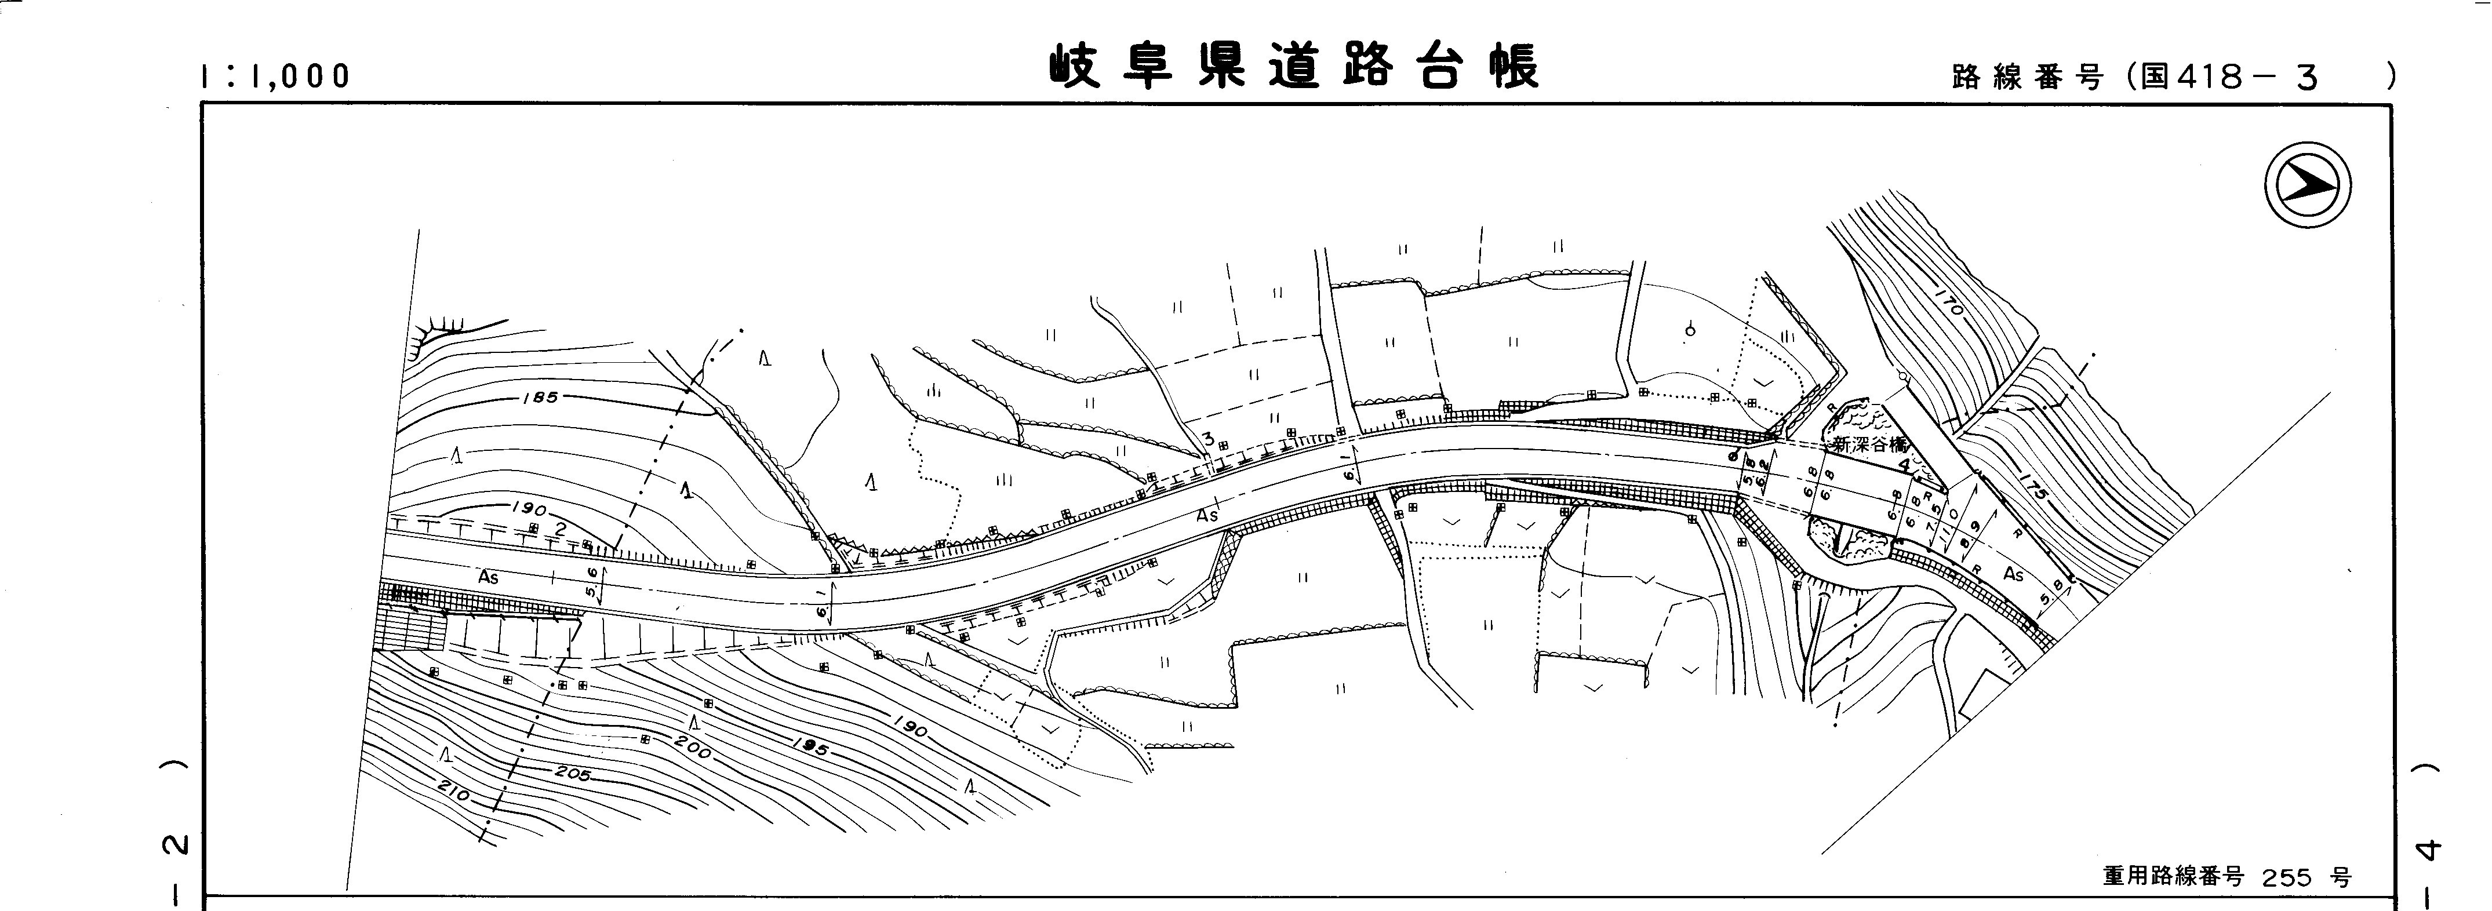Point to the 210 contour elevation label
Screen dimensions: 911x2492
coord(453,792)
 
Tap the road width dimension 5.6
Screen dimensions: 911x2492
coord(592,586)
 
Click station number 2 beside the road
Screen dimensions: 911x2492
coord(560,528)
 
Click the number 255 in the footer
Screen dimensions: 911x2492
coord(2288,878)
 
